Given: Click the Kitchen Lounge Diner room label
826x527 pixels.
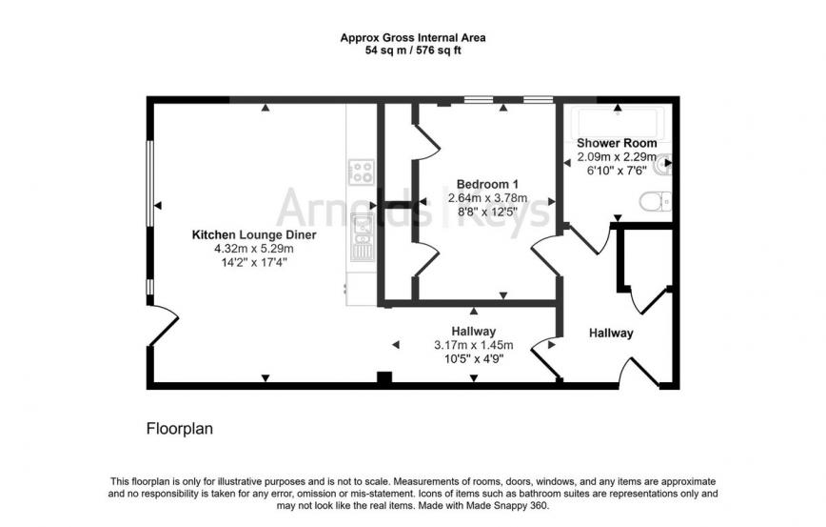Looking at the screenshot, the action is [x=254, y=234].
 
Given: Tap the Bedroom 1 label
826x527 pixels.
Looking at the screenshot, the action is [x=487, y=184].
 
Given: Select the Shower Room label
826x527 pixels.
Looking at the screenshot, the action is [x=617, y=143].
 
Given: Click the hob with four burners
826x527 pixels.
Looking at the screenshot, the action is [x=362, y=172].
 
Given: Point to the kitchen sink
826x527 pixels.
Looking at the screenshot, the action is [x=363, y=237].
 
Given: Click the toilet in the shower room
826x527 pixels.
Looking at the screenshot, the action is [x=656, y=201].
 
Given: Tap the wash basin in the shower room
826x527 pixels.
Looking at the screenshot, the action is [x=662, y=165].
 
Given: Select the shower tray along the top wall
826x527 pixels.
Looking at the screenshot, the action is [x=617, y=125].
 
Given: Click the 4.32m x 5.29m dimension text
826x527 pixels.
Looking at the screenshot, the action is [x=254, y=249].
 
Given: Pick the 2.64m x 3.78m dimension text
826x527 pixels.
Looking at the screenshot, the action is [x=487, y=198].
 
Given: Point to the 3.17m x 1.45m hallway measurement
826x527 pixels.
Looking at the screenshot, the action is [x=474, y=345].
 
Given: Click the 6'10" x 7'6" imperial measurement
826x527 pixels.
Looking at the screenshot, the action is [x=617, y=171].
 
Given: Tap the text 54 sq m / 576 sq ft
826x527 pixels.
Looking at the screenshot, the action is [x=413, y=51].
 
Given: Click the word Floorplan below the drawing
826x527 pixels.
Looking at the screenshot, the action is [x=180, y=428].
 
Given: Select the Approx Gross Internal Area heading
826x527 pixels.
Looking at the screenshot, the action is [x=413, y=38].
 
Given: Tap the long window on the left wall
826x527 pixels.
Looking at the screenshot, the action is [x=149, y=184].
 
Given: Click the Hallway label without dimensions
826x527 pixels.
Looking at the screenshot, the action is [x=611, y=333].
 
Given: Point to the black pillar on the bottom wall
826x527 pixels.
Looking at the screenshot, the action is [x=384, y=377].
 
